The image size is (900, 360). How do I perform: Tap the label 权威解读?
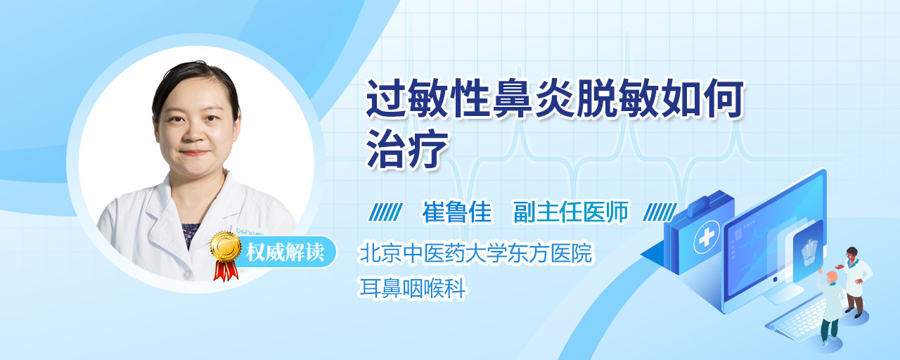pyautogui.click(x=285, y=252)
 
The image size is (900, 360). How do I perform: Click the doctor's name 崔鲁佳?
pyautogui.click(x=457, y=212)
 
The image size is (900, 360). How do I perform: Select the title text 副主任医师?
pyautogui.click(x=571, y=212)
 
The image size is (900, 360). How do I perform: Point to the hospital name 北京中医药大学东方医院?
pyautogui.click(x=476, y=252)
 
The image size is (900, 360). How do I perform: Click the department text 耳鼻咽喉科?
pyautogui.click(x=412, y=288)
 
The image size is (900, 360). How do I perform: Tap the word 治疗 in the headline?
pyautogui.click(x=407, y=149)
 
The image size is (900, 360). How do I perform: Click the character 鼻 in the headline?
pyautogui.click(x=513, y=99)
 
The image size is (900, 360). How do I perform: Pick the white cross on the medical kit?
pyautogui.click(x=707, y=238)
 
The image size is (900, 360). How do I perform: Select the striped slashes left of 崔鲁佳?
pyautogui.click(x=385, y=212)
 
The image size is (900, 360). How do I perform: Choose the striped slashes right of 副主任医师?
pyautogui.click(x=660, y=212)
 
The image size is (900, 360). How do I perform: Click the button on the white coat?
pyautogui.click(x=187, y=275)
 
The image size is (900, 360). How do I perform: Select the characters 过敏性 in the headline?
pyautogui.click(x=427, y=99)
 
